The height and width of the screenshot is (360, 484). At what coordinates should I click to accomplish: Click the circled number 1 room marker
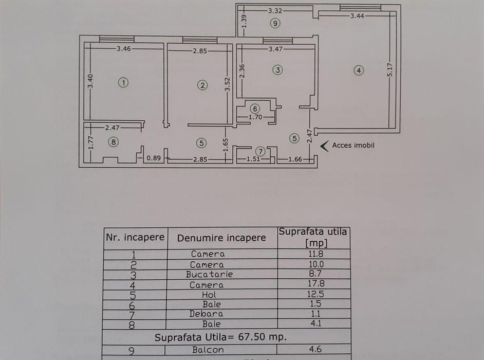[x=123, y=83]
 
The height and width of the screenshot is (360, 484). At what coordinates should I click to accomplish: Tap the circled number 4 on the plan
[x=359, y=70]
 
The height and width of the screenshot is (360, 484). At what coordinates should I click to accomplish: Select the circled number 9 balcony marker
[x=275, y=23]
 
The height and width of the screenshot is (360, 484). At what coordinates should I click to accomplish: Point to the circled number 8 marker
[x=114, y=142]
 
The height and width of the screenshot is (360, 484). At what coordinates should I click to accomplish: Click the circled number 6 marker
[x=255, y=109]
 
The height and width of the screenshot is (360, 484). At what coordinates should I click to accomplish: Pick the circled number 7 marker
[x=260, y=151]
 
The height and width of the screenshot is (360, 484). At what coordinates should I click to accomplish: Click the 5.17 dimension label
[x=390, y=70]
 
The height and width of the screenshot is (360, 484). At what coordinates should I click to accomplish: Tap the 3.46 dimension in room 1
[x=124, y=48]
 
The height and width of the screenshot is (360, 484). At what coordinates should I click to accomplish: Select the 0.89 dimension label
[x=154, y=158]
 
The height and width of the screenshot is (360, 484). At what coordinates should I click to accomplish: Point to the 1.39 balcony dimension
[x=244, y=21]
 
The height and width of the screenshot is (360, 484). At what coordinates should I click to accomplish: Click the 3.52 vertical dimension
[x=227, y=84]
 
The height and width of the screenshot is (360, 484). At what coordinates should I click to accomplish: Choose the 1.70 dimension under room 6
[x=255, y=117]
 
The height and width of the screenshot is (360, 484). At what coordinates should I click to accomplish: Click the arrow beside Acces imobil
[x=324, y=146]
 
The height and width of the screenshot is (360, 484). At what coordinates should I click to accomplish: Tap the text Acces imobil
[x=353, y=145]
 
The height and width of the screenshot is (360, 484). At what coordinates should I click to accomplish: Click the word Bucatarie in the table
[x=209, y=275]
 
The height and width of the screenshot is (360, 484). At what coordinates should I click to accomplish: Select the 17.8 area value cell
[x=316, y=284]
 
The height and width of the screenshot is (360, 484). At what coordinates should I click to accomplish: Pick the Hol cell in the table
[x=209, y=295]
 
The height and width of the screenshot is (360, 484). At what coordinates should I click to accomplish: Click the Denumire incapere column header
[x=221, y=238]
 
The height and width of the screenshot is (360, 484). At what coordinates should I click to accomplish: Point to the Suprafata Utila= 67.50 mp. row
[x=221, y=337]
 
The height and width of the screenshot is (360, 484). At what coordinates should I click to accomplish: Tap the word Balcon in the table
[x=208, y=350]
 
